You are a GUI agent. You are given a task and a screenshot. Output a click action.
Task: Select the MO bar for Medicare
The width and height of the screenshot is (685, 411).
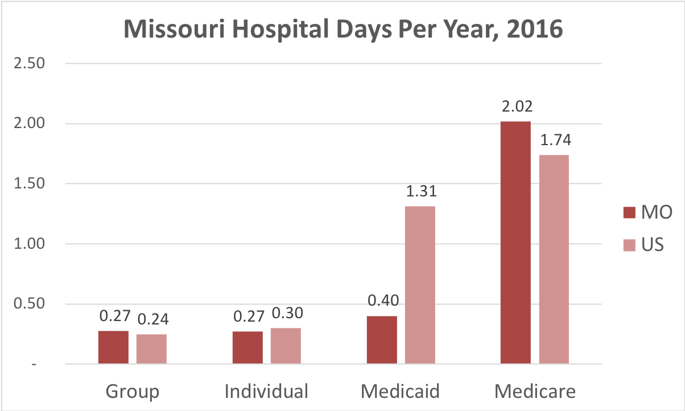[x=515, y=243]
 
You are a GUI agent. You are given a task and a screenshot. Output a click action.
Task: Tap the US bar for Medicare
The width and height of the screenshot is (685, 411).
[x=554, y=259]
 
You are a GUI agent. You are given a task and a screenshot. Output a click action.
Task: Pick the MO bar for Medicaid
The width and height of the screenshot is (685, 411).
[x=382, y=340]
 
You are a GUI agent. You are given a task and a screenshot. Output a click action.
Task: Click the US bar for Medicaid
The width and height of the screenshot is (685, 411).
[x=420, y=285]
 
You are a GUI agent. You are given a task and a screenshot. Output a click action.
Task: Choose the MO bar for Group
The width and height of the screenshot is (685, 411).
[x=113, y=347]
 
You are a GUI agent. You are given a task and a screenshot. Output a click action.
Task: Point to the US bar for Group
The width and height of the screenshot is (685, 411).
[x=151, y=349]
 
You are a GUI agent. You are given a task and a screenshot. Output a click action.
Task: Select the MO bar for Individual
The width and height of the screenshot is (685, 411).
[x=247, y=347]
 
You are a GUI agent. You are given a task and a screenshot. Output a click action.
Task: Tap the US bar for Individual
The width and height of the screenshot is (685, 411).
[x=286, y=346]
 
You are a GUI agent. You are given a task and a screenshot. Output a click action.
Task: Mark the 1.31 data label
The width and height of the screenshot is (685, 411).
[x=420, y=192]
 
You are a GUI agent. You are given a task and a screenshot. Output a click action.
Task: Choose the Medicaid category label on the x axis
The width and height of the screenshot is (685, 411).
[x=401, y=392]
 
